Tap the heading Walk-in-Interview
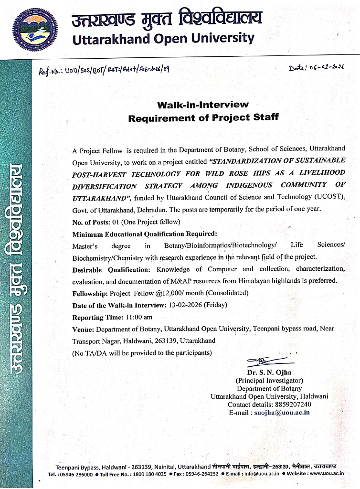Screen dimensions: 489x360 point(203,104)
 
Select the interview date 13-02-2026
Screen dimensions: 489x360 point(184,305)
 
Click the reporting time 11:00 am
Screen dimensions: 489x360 point(138,317)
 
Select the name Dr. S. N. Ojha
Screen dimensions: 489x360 point(269,372)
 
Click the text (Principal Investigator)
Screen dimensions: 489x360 point(269,381)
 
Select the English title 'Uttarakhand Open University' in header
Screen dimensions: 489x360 point(162,38)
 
